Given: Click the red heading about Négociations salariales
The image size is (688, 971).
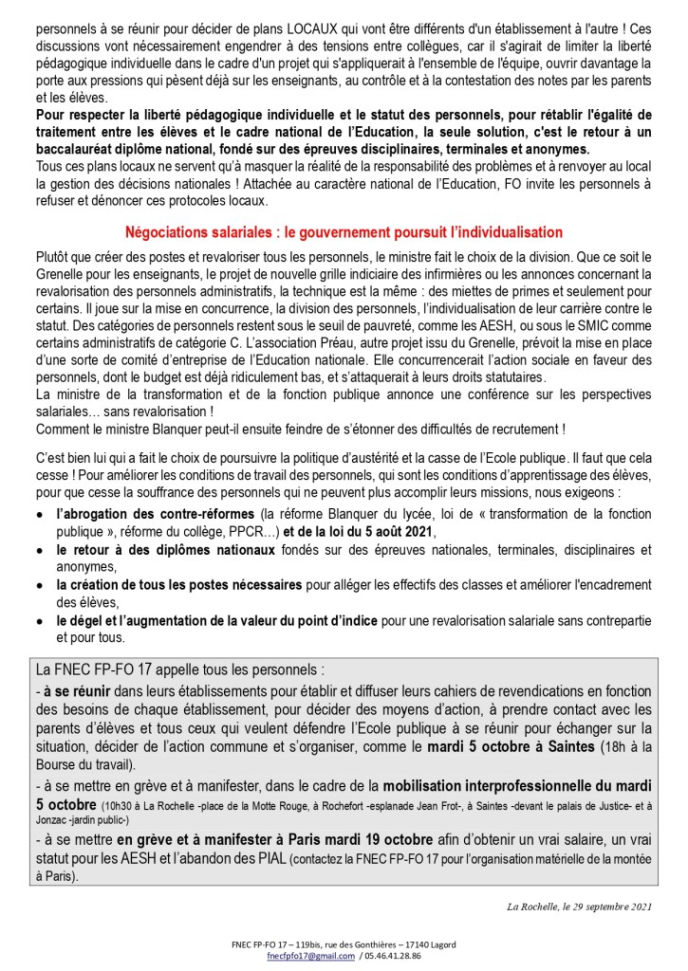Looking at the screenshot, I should pyautogui.click(x=344, y=232).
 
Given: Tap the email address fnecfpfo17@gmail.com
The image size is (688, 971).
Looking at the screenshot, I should pyautogui.click(x=304, y=957).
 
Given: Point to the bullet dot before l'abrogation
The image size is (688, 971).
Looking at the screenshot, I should pyautogui.click(x=37, y=514).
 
